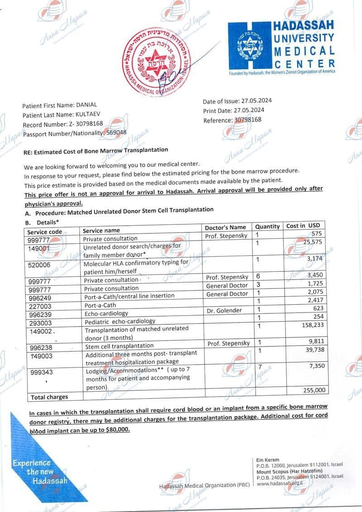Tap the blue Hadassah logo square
pos(250,46)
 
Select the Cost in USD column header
pos(303,226)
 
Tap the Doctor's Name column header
pos(225,227)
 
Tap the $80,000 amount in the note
pos(118,430)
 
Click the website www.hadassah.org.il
pos(279,483)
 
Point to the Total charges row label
pos(49,397)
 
